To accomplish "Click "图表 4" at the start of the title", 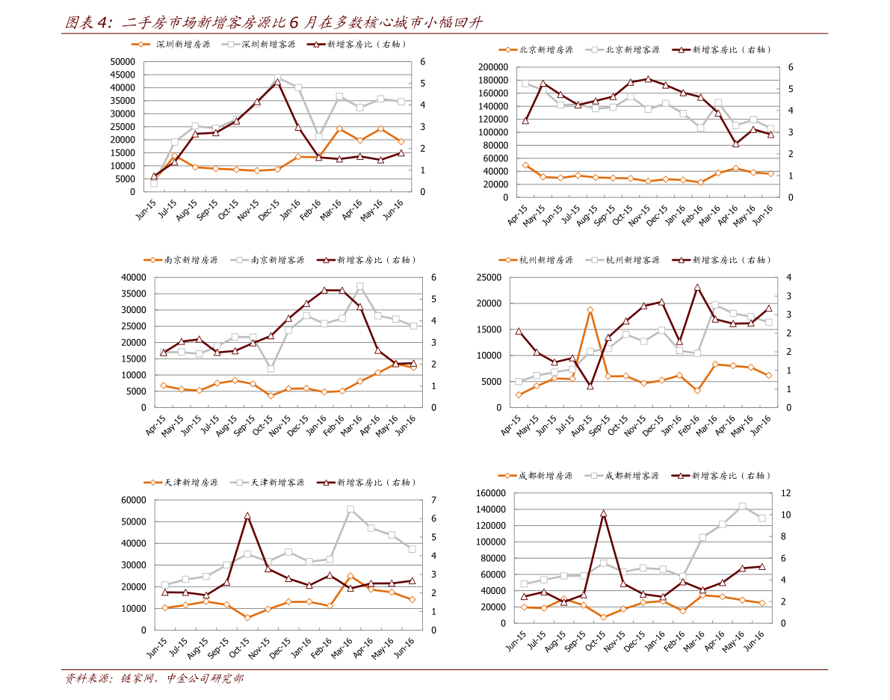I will pyautogui.click(x=89, y=23).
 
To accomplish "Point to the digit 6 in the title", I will pyautogui.click(x=294, y=23).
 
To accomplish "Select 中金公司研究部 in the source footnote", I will pyautogui.click(x=204, y=678).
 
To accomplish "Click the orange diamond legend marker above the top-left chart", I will pyautogui.click(x=140, y=44).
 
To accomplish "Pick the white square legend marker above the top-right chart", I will pyautogui.click(x=595, y=49).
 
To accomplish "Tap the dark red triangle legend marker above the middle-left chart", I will pyautogui.click(x=326, y=260).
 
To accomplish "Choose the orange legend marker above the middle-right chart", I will pyautogui.click(x=508, y=260).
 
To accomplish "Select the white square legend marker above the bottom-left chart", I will pyautogui.click(x=239, y=483).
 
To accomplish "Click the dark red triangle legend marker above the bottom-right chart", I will pyautogui.click(x=681, y=475).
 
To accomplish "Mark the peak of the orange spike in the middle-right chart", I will pyautogui.click(x=590, y=309).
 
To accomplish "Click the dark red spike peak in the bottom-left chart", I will pyautogui.click(x=247, y=515).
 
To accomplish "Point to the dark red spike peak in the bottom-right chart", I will pyautogui.click(x=603, y=513).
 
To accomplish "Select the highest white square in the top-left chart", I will pyautogui.click(x=277, y=78).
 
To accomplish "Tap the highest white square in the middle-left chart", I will pyautogui.click(x=360, y=286).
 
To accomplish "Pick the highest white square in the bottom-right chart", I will pyautogui.click(x=742, y=506).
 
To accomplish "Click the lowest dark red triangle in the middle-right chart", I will pyautogui.click(x=590, y=386).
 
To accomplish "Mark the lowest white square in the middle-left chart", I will pyautogui.click(x=271, y=368).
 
